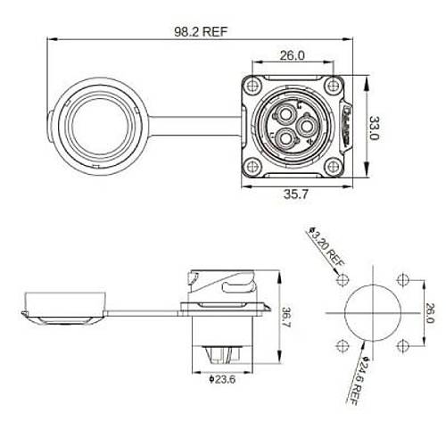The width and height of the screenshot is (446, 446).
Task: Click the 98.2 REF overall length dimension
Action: (200, 29)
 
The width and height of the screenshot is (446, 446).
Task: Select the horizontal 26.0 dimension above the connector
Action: (293, 55)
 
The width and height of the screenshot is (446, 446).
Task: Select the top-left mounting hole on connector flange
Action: (253, 86)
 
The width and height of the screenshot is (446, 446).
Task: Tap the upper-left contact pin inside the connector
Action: (285, 115)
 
